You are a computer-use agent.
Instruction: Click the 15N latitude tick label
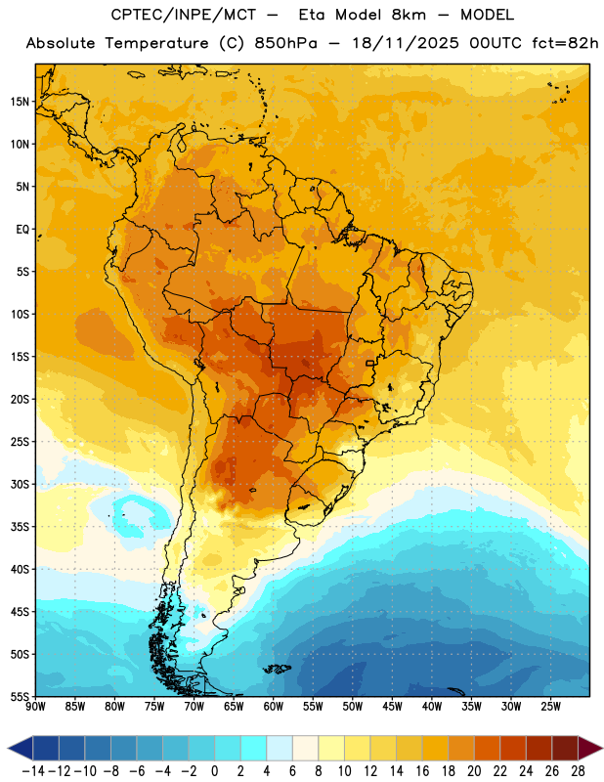[20, 102]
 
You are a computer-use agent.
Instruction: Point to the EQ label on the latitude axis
[22, 230]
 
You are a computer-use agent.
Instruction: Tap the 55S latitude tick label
[20, 696]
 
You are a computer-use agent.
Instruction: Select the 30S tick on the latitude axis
[20, 484]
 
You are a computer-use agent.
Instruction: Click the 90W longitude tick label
[35, 707]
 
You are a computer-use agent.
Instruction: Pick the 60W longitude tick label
[274, 707]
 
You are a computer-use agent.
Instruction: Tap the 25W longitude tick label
[550, 707]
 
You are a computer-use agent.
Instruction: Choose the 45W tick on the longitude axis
[392, 707]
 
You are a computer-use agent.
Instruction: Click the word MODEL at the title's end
[487, 15]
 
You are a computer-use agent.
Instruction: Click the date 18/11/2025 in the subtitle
[405, 43]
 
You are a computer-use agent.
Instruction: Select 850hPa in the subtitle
[285, 43]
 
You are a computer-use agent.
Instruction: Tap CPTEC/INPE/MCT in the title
[183, 15]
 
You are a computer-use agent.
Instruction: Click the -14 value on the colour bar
[33, 771]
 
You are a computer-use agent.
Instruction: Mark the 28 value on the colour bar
[578, 771]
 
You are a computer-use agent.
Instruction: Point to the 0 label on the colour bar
[215, 771]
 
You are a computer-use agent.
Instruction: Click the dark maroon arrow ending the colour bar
[590, 748]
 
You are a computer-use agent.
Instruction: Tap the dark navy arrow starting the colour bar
[21, 748]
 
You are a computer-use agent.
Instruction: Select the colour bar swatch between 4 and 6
[280, 748]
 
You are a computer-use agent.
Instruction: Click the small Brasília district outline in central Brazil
[370, 363]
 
